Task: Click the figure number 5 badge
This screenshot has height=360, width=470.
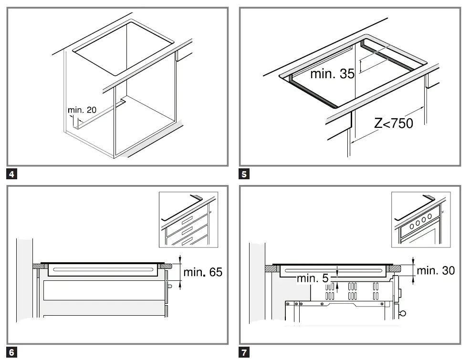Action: point(244,175)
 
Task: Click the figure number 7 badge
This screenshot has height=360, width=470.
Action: point(244,352)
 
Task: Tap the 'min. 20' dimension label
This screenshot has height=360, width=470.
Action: point(82,110)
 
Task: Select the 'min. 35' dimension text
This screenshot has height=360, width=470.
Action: point(332,74)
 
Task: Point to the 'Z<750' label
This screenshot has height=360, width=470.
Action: point(394,123)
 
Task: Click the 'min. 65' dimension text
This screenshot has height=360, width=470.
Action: point(203,272)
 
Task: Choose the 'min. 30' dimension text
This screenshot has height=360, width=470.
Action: point(436,270)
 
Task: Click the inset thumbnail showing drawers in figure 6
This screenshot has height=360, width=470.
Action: point(188,219)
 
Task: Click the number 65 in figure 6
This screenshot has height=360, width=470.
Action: point(216,272)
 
